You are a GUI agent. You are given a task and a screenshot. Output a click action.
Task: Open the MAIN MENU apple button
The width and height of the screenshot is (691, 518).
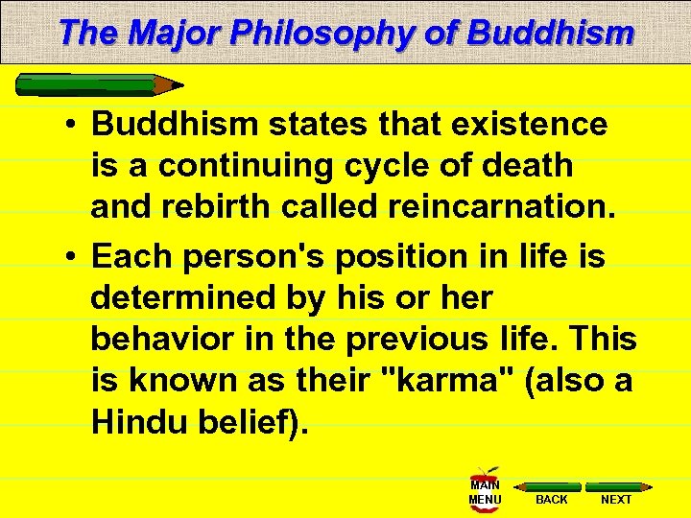(x=485, y=490)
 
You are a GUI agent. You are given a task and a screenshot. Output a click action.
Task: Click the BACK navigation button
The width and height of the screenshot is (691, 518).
(x=552, y=494)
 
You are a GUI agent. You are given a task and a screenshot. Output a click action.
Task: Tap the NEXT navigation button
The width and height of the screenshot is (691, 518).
(x=616, y=494)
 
